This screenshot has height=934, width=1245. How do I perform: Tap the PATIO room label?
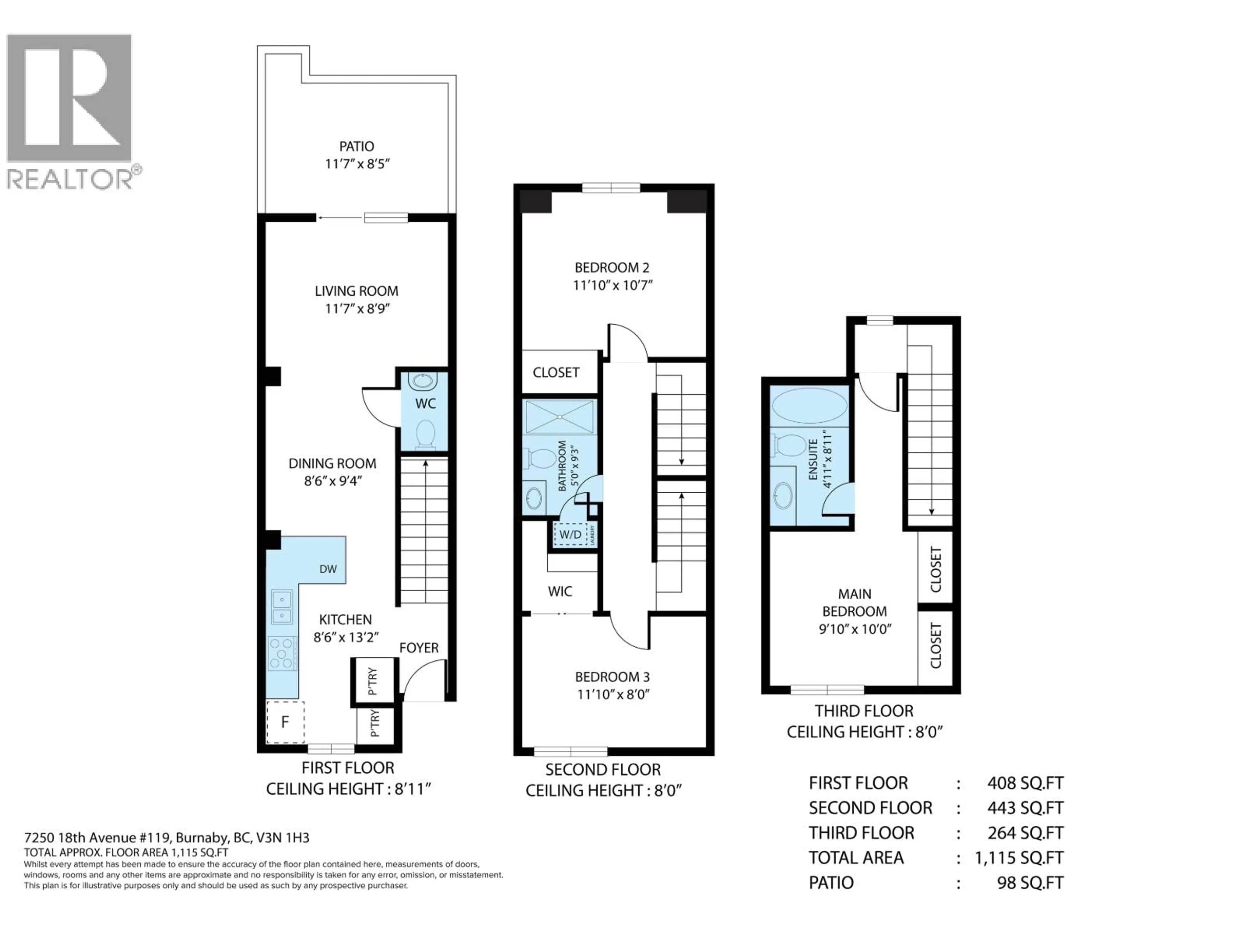356,146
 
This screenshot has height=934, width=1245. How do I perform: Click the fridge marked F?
285,722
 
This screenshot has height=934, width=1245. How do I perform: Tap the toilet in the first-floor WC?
425,435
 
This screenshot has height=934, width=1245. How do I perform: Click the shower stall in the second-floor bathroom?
560,417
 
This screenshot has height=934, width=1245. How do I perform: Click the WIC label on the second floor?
560,591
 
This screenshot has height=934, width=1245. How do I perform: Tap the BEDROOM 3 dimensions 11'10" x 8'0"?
613,694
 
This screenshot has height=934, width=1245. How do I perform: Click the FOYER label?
419,648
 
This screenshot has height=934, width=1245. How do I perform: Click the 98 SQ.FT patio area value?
1030,883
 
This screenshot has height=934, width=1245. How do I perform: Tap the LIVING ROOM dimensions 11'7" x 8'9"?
357,308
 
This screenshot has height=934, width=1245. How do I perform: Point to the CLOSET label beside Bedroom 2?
555,372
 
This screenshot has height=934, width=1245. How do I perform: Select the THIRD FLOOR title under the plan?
864,711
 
